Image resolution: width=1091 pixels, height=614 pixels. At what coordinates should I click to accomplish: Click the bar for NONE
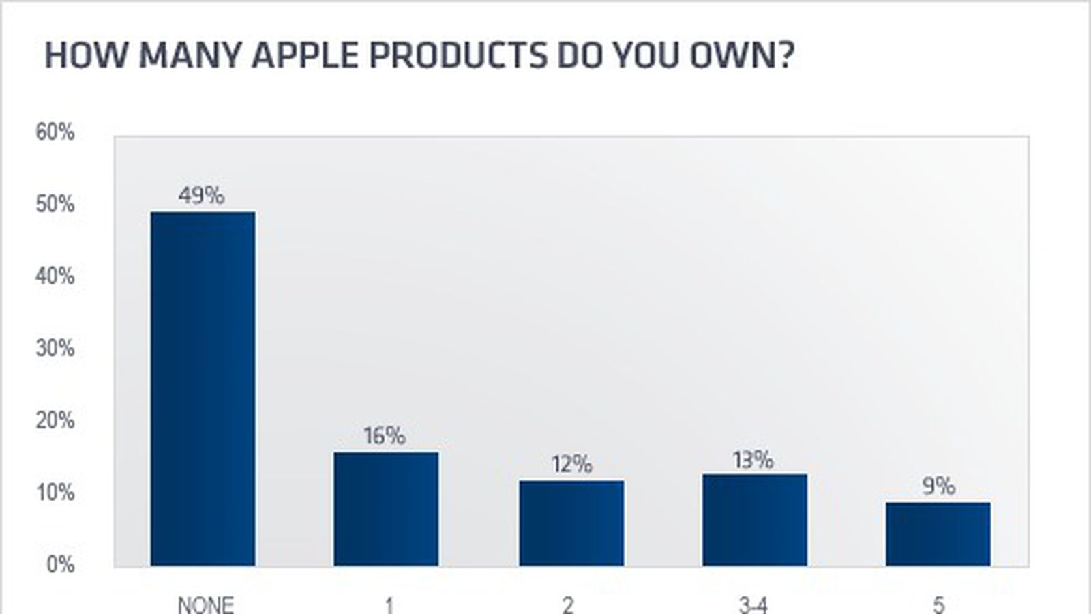[x=203, y=389]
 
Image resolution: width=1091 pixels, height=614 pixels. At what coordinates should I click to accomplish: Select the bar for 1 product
[x=386, y=509]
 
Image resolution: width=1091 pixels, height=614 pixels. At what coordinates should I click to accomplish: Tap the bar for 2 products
[x=571, y=523]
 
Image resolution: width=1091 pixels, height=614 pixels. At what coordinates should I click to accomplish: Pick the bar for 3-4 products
[x=755, y=520]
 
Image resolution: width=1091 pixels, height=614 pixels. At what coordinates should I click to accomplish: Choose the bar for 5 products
[x=938, y=534]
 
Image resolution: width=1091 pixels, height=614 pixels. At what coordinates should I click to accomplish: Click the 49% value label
[x=201, y=196]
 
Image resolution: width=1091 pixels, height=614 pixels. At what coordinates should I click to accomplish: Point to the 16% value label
[x=384, y=436]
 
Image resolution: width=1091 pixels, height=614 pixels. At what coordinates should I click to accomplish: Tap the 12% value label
[x=571, y=465]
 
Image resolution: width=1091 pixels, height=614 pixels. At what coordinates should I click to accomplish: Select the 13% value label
[x=753, y=460]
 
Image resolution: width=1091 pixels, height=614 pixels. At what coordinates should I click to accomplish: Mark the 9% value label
[x=938, y=486]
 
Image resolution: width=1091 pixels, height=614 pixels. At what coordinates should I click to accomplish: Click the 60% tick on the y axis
[x=55, y=132]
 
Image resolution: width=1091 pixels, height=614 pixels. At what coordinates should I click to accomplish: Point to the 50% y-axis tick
[x=55, y=205]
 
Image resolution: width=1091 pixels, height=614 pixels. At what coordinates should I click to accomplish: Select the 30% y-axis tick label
[x=55, y=349]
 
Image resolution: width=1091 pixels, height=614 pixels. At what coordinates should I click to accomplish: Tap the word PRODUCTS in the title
[x=457, y=55]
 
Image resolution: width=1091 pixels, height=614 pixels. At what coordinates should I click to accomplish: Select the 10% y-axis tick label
[x=55, y=493]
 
